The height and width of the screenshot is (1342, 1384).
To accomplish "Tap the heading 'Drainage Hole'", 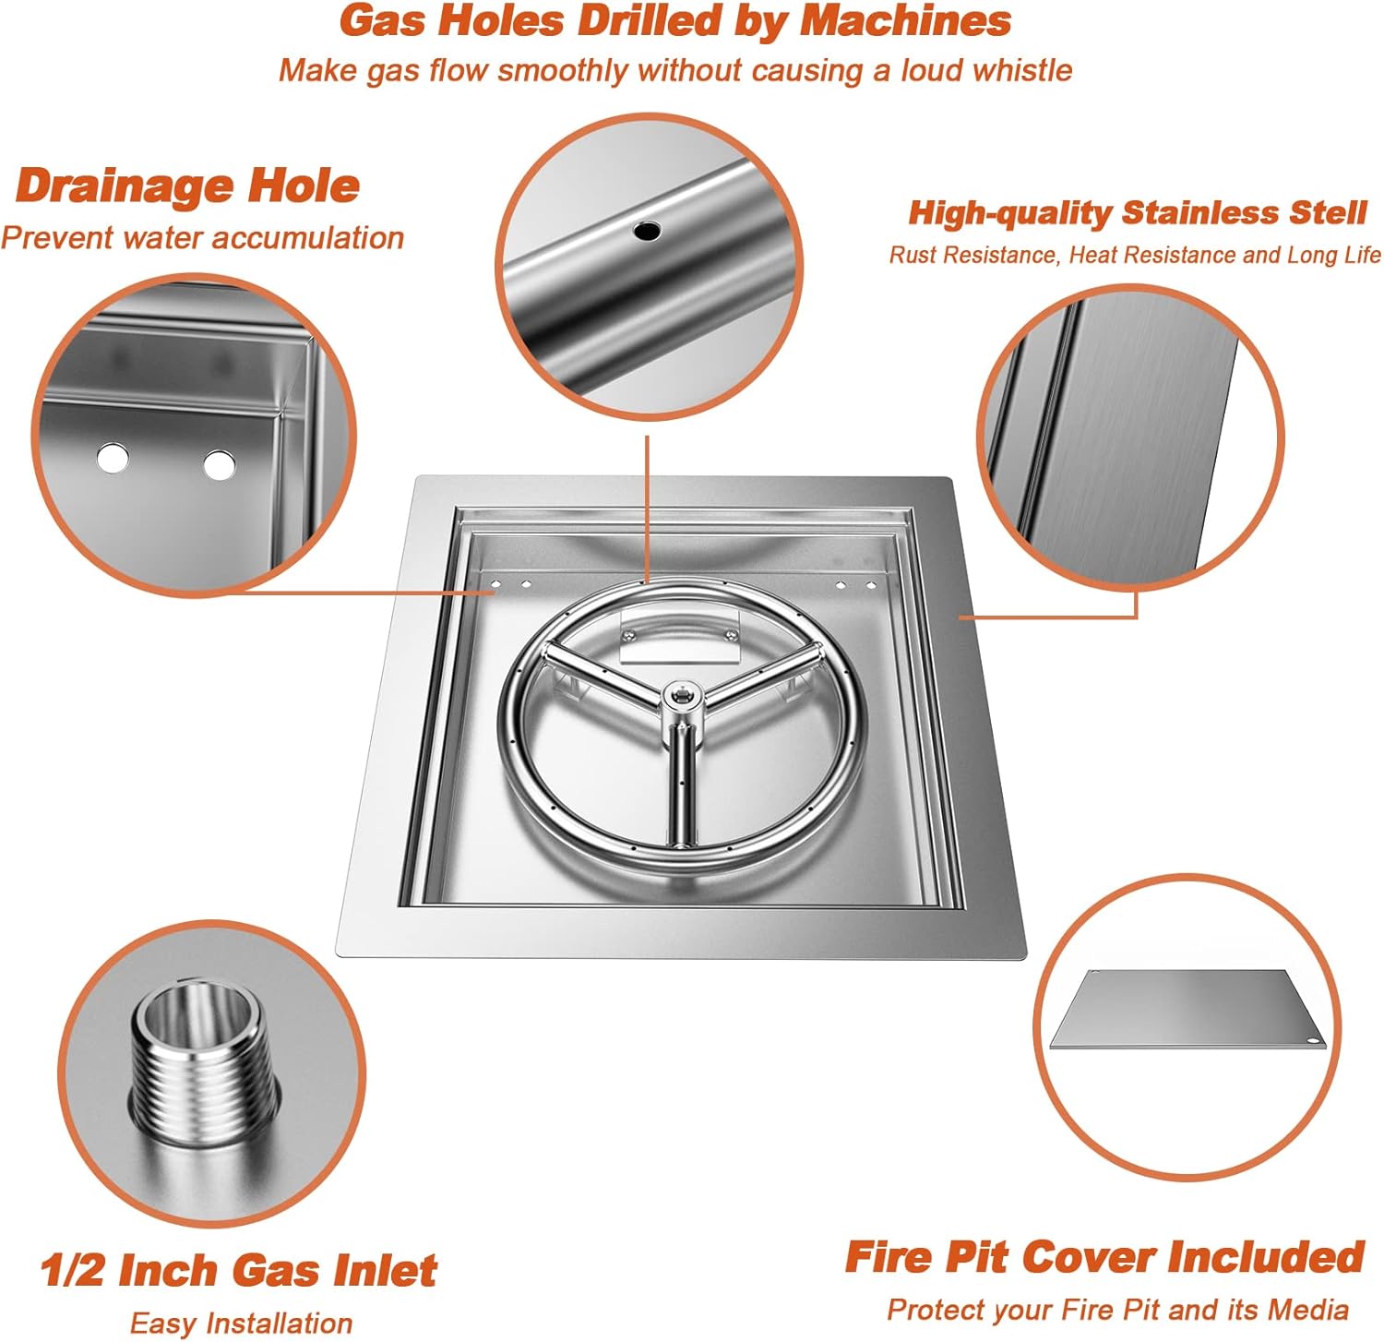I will tap(187, 186).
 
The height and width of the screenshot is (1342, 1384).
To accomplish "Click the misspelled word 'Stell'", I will tap(1328, 213).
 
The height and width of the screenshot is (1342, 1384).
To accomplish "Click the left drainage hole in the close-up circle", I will tap(113, 458).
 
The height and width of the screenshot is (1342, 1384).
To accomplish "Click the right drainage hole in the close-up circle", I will tap(220, 465).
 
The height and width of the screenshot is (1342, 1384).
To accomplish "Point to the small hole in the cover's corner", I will tap(1314, 1042).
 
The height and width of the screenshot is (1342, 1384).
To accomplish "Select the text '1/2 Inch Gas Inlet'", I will tap(238, 1271).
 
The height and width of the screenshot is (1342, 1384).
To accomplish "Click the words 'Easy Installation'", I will tap(241, 1324).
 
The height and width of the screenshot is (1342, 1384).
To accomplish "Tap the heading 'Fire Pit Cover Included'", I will tap(1104, 1257).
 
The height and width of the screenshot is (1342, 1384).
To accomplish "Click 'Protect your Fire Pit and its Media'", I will tap(1117, 1309).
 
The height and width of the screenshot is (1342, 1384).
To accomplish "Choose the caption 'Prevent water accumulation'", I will tap(202, 238).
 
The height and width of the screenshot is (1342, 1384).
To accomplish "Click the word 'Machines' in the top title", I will tap(905, 21).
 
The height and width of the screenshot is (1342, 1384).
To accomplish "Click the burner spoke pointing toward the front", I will tap(681, 785).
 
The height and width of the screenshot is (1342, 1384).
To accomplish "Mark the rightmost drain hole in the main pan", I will tap(871, 585).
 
